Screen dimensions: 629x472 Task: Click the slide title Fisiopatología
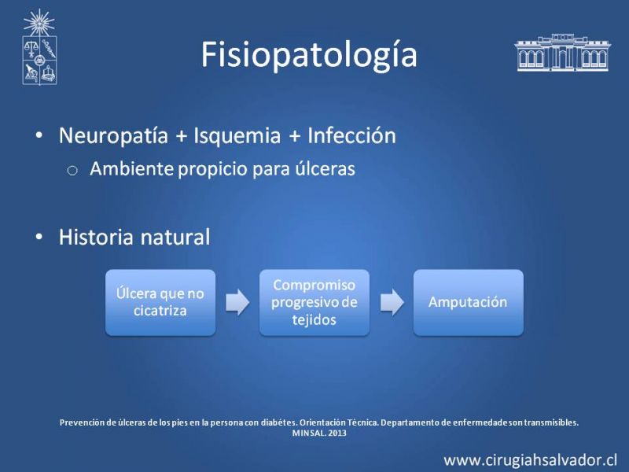(x=309, y=55)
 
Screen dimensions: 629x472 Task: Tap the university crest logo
(x=39, y=47)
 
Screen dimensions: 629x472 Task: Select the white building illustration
(x=562, y=53)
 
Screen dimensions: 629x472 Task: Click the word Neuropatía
(x=113, y=135)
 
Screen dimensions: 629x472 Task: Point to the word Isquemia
(x=237, y=135)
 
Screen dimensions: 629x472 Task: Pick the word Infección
(x=351, y=135)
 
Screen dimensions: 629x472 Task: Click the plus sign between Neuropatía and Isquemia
(x=182, y=136)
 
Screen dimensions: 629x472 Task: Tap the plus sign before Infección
(x=295, y=136)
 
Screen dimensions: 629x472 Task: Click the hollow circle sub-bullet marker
(x=72, y=171)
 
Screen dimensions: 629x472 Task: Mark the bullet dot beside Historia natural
(x=39, y=237)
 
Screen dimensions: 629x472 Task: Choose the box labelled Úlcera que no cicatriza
(x=160, y=302)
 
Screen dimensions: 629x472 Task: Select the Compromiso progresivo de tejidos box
(x=314, y=302)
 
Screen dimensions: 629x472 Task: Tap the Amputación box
(x=469, y=302)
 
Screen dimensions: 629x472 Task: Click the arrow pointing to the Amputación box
(x=392, y=302)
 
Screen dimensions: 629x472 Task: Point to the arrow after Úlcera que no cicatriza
(x=237, y=302)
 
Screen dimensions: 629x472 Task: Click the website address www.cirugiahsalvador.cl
(x=530, y=460)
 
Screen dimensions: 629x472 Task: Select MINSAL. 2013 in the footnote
(x=319, y=433)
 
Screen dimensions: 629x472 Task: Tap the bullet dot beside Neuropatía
(x=39, y=135)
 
